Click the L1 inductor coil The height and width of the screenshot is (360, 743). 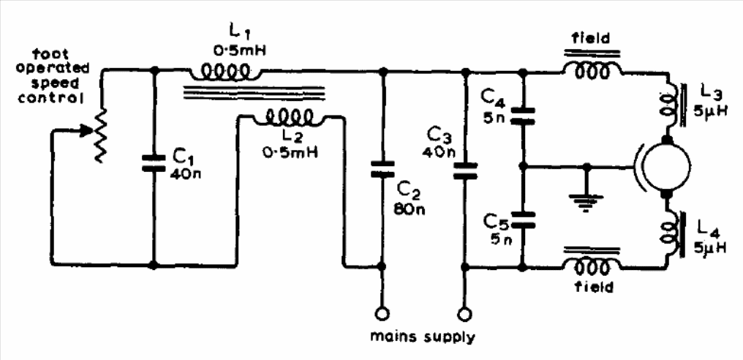click(x=225, y=73)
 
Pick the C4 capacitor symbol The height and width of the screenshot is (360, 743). click(x=523, y=113)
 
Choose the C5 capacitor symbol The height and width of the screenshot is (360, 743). click(x=523, y=217)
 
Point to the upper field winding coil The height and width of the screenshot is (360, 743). click(x=592, y=69)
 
